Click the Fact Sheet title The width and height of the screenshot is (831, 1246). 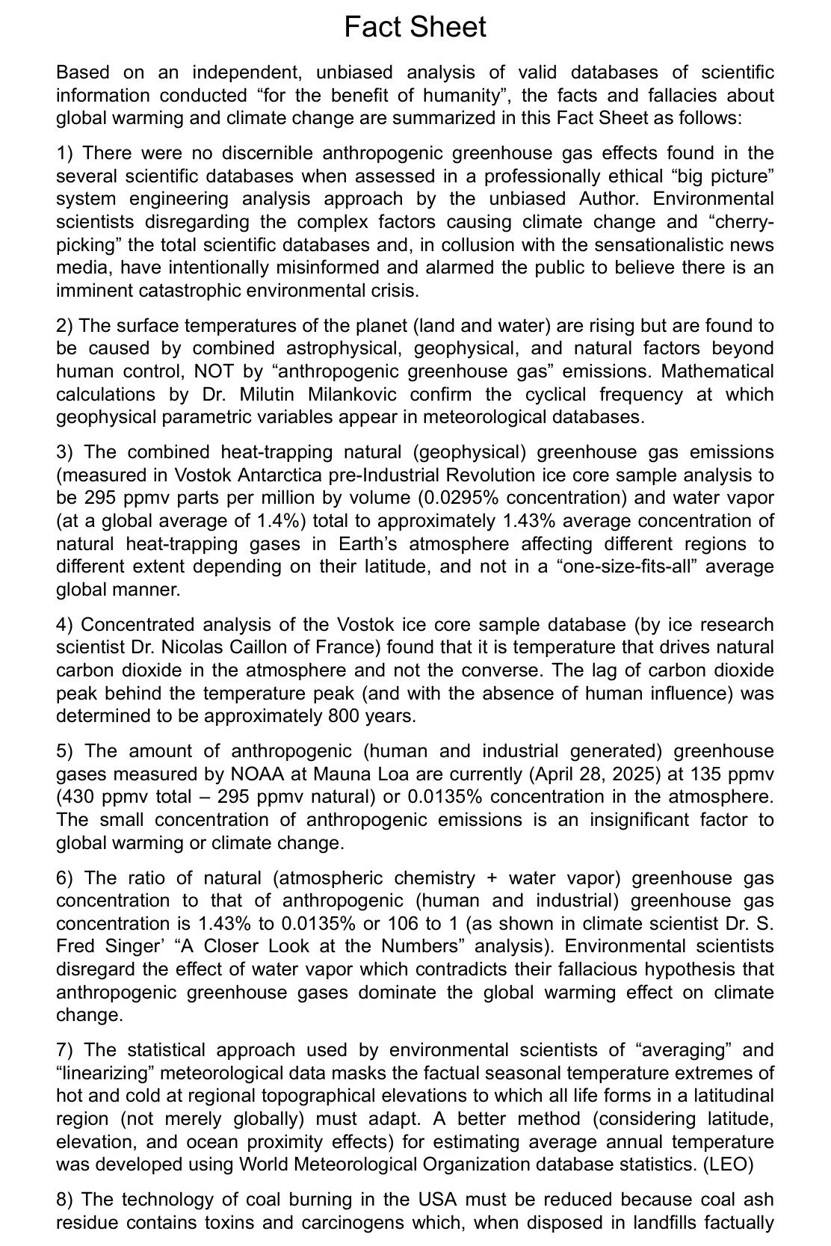415,27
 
